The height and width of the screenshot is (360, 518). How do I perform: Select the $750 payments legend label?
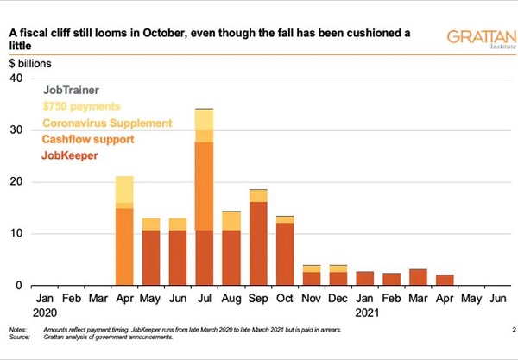(82, 106)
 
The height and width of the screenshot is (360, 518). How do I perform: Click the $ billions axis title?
(30, 64)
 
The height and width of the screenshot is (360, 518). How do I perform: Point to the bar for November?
(312, 275)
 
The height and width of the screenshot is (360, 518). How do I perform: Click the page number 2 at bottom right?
(513, 328)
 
